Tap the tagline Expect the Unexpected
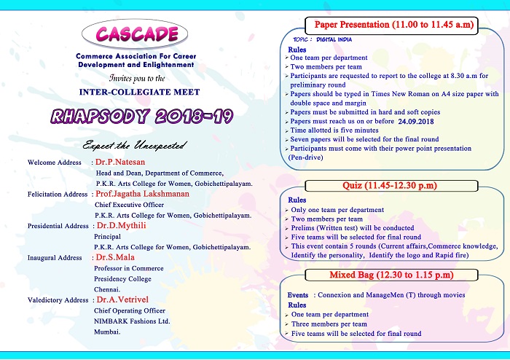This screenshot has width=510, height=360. click(133, 145)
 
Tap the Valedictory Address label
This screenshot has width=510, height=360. click(58, 300)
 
